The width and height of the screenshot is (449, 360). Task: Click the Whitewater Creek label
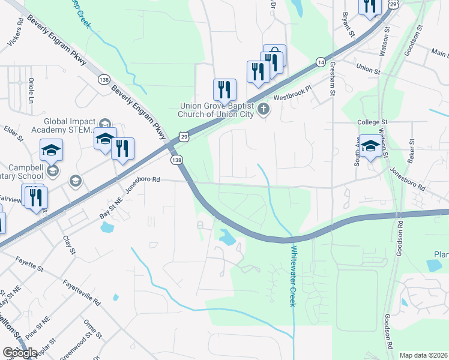292,277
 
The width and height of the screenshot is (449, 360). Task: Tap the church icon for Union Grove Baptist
263,110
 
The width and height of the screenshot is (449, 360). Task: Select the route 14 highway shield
321,62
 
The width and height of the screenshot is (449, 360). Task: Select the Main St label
439,53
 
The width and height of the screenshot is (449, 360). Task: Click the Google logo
20,353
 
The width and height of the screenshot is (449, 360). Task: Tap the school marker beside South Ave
370,147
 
